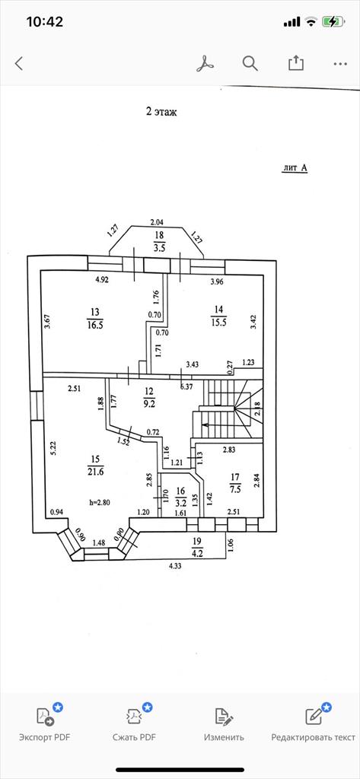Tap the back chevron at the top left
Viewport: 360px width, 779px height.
[x=19, y=64]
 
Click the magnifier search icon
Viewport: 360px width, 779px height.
[x=250, y=63]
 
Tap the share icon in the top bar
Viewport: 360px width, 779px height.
[x=296, y=62]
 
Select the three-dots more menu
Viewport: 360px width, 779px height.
[x=341, y=64]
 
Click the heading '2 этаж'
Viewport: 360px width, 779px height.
[x=161, y=113]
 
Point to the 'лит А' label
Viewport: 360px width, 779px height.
[x=295, y=168]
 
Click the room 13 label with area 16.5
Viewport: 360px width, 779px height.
[x=95, y=318]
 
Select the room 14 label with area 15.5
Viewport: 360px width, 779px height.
[x=218, y=315]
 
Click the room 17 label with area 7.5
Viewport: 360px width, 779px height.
[x=235, y=483]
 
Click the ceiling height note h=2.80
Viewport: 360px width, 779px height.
[x=100, y=502]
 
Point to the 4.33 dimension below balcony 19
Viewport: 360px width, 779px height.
[x=174, y=565]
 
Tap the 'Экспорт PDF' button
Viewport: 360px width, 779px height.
[x=45, y=723]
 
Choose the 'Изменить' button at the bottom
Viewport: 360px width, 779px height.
[x=224, y=723]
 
